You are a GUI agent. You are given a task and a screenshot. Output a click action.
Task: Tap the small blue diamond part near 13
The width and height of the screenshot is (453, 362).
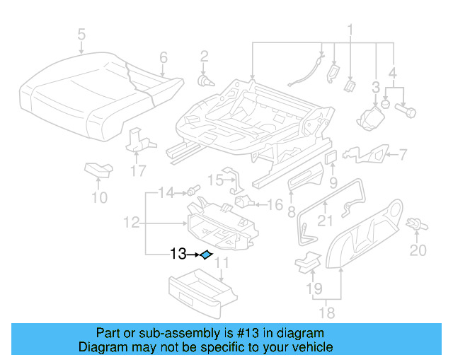point(206,255)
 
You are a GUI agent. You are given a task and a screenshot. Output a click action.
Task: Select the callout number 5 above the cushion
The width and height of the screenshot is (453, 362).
point(81,35)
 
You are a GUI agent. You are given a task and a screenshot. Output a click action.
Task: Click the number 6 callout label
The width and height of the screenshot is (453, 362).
point(163,57)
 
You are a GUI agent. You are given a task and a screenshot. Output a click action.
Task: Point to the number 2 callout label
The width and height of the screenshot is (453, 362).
point(204,57)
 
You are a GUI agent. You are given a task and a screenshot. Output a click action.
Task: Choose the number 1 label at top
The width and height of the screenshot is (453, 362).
point(349,30)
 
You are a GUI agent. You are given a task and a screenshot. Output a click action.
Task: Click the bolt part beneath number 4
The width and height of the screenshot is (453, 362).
point(409,110)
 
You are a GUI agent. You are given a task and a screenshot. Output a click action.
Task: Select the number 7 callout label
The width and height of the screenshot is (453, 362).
point(401,154)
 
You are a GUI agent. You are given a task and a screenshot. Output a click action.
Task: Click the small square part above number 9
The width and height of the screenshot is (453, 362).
point(330,156)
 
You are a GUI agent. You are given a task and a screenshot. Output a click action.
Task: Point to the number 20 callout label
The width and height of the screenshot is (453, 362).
point(418,250)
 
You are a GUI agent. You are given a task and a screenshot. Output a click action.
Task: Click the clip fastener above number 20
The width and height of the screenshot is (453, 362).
point(417,225)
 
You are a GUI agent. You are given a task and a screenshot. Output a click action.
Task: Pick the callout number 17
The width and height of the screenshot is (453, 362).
point(137,170)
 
